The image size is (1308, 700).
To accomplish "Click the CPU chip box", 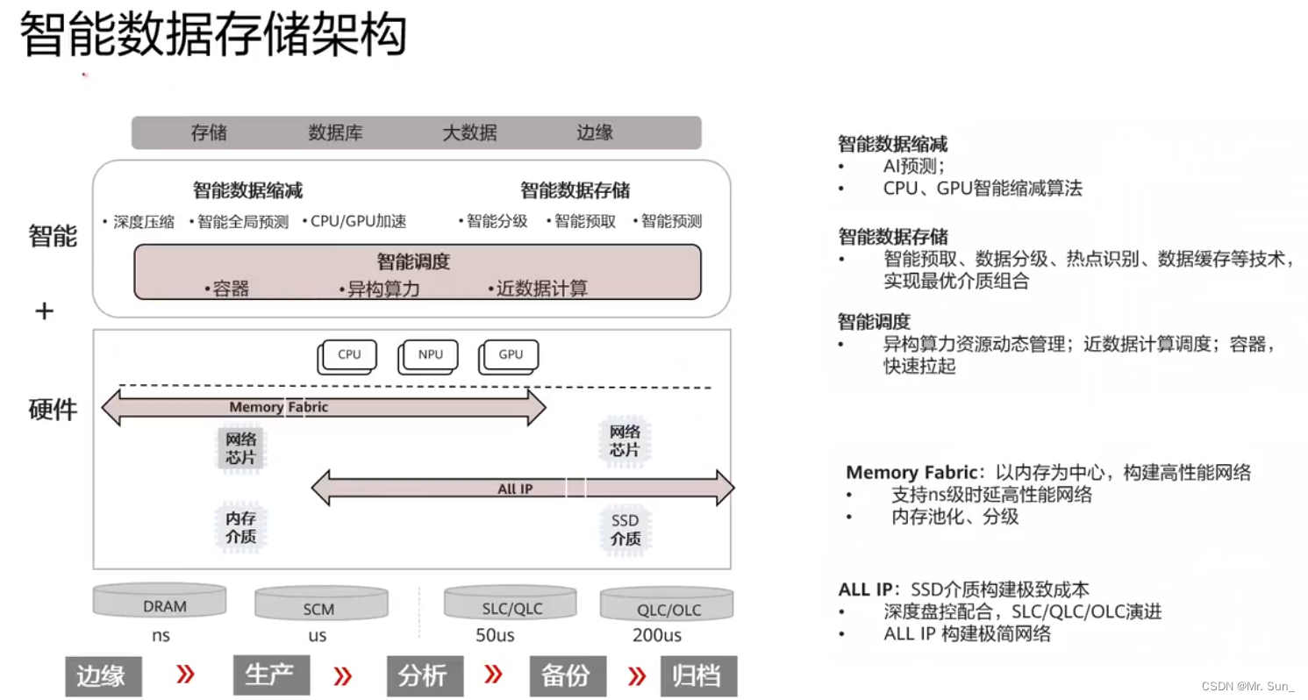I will click(x=348, y=355).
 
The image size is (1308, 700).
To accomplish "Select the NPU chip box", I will click(x=430, y=355).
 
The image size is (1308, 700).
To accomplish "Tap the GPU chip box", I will click(x=510, y=355).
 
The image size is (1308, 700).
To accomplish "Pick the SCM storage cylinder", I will click(x=320, y=606).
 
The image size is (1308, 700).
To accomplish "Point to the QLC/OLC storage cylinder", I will click(x=667, y=606).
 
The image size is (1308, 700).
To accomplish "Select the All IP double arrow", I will click(x=523, y=488).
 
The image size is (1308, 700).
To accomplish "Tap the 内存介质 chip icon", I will click(x=240, y=527).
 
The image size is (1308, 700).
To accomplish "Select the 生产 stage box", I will click(x=271, y=675).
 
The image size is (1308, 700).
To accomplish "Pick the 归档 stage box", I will click(x=697, y=675).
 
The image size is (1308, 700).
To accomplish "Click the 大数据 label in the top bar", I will click(x=469, y=133).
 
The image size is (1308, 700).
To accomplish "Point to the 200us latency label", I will click(x=657, y=635).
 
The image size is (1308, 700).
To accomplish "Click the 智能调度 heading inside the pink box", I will click(x=413, y=261).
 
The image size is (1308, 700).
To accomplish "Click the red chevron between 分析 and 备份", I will click(x=494, y=675).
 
